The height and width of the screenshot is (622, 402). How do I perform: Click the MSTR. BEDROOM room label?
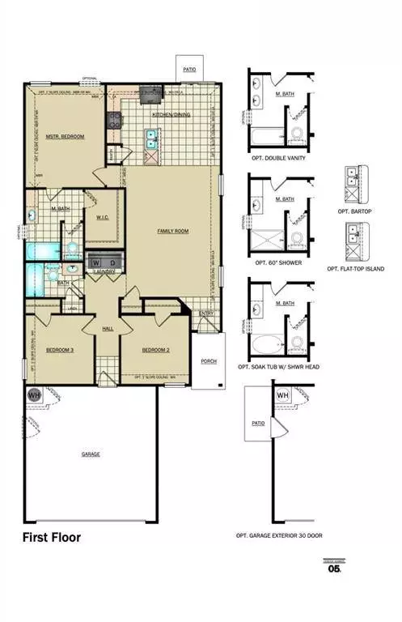click(65, 136)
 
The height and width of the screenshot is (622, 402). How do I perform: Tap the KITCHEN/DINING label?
click(171, 115)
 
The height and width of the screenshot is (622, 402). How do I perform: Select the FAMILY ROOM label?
click(172, 231)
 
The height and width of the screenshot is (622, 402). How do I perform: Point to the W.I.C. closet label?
click(103, 216)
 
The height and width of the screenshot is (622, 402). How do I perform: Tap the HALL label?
click(108, 328)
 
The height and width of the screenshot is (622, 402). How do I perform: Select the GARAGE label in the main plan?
click(91, 454)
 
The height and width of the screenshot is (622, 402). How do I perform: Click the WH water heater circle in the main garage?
click(35, 395)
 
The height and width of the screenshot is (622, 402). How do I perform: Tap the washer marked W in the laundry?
click(96, 263)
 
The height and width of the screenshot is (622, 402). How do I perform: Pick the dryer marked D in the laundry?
click(113, 263)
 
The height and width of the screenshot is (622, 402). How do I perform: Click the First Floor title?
click(51, 537)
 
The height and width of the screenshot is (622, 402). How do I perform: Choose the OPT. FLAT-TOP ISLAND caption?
click(356, 268)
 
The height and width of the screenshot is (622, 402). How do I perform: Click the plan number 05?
click(334, 569)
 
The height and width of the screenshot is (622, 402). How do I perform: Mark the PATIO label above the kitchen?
click(190, 70)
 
